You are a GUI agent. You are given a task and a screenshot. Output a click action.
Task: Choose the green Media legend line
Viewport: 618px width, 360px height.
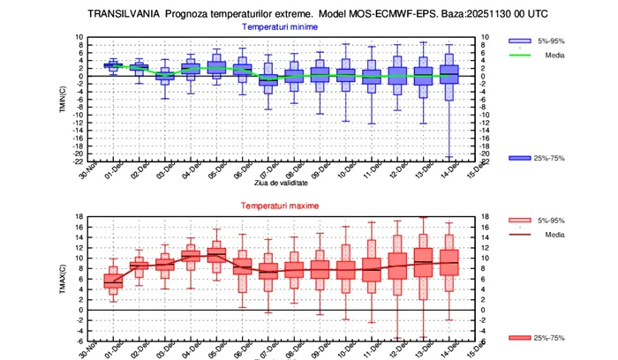[x=520, y=55]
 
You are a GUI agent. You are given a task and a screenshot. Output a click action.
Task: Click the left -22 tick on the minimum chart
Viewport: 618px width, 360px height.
[x=79, y=161]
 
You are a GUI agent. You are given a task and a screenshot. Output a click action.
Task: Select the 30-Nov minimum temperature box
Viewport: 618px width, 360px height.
[x=112, y=64]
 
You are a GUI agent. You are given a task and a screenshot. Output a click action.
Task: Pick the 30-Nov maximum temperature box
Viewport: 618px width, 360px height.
[x=112, y=281]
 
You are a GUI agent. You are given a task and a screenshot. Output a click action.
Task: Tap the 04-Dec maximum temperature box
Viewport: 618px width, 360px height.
[x=192, y=256]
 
